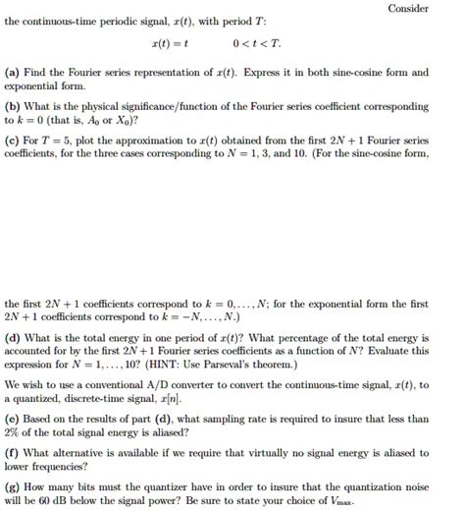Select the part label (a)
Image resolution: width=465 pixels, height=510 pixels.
point(14,73)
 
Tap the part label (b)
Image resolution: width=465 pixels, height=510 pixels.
point(15,105)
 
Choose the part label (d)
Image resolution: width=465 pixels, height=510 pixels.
point(15,335)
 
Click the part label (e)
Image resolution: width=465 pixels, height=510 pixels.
point(14,418)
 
